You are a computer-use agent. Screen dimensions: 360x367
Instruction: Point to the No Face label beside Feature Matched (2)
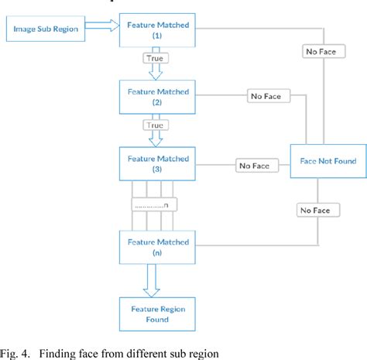point(267,97)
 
